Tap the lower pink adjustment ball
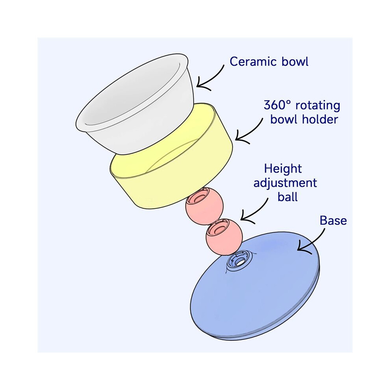point(224,236)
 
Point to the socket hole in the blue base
point(239,261)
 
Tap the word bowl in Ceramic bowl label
point(295,61)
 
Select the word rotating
point(318,106)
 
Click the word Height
point(283,169)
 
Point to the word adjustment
point(285,183)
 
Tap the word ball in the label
point(288,197)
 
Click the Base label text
point(333,220)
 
